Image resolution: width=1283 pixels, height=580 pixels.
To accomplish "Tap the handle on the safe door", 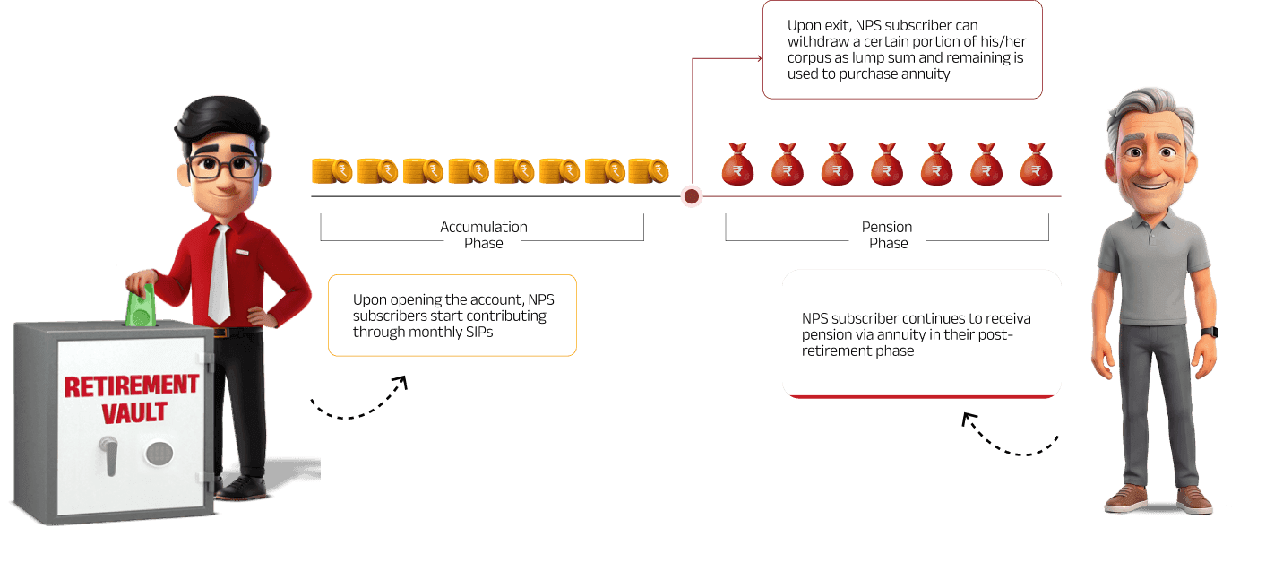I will [x=108, y=454].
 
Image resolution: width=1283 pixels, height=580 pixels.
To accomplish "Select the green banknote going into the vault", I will [x=141, y=306].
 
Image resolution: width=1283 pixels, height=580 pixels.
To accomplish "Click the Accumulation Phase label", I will [x=483, y=235].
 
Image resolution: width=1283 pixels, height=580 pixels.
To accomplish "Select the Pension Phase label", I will [x=887, y=235].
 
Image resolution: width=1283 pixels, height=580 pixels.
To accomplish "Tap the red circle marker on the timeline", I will [x=692, y=195].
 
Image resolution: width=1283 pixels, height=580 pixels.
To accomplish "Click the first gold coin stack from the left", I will [x=332, y=170].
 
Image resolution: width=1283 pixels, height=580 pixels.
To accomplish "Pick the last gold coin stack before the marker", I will [x=649, y=170].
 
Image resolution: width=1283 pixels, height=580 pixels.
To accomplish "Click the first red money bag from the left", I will [x=737, y=165].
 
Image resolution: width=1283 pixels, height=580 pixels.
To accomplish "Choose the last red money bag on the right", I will [x=1036, y=165].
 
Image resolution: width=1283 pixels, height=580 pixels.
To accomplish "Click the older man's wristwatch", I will [x=1210, y=333].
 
